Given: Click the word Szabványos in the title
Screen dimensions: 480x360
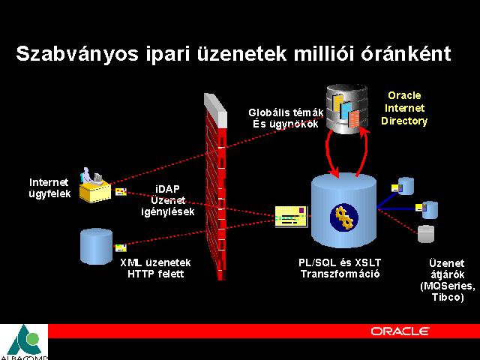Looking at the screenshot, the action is point(77,55).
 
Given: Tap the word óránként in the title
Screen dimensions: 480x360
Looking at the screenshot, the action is point(406,53).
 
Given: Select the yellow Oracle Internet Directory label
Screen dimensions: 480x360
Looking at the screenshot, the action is point(404,108).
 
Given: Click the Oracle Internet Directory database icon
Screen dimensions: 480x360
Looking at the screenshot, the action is point(347,109).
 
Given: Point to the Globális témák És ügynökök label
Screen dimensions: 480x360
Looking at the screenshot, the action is point(286,118).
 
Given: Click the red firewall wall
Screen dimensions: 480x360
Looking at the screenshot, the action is point(216,186).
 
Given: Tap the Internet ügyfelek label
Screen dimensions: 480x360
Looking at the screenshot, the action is point(49,188).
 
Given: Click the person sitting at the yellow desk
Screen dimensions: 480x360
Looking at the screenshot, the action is point(87,176).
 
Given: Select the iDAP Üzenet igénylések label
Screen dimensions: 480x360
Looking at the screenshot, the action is point(168,200).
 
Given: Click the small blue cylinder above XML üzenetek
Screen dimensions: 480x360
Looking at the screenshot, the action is point(96,246).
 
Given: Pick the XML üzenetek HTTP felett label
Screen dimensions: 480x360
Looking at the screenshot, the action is point(155,268).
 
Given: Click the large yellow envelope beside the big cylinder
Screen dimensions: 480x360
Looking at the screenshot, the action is point(291,217).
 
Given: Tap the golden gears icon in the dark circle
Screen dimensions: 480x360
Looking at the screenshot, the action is point(345,217).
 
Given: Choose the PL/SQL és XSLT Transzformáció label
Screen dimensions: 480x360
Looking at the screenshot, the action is point(340,268).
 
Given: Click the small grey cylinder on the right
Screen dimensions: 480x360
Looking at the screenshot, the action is point(426,234).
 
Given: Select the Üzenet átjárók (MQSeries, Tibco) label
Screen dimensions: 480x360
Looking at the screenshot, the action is point(448,280).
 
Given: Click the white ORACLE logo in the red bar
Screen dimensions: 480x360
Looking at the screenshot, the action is point(400,331).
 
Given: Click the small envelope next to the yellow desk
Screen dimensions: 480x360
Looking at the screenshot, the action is point(121,192).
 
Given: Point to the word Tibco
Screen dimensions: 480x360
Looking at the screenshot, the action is point(448,297).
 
